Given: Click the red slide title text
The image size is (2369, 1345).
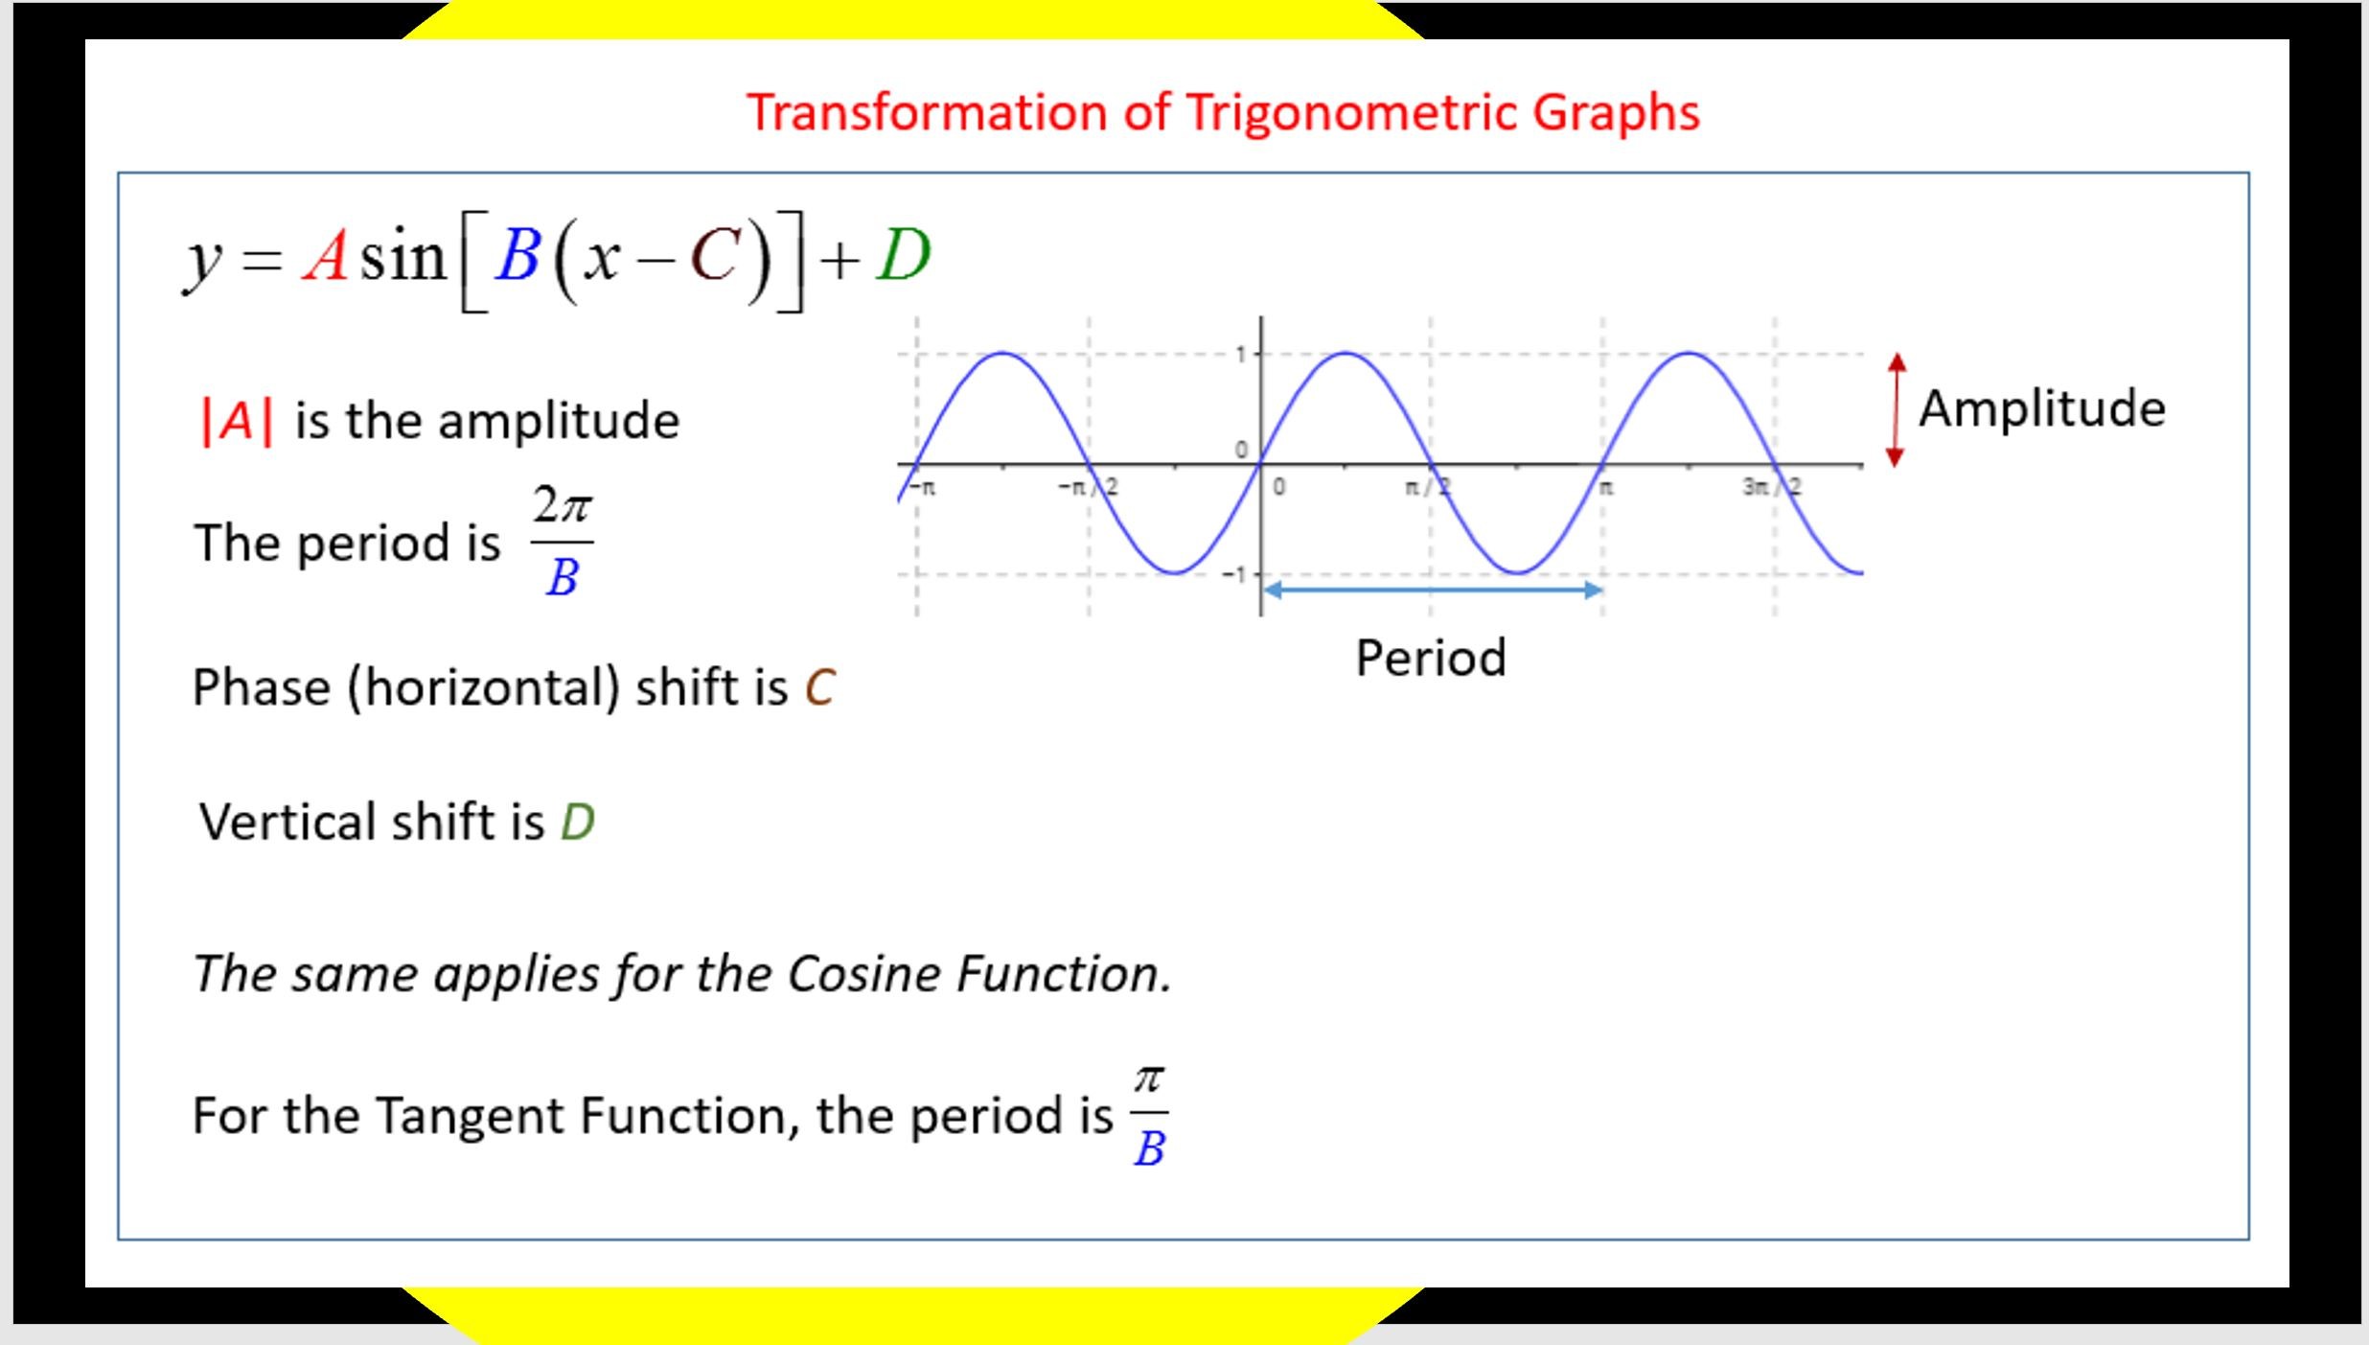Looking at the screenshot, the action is pos(1223,113).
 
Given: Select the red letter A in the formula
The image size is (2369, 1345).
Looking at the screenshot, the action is pos(326,257).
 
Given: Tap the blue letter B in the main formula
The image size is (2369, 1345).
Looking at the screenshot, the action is pos(517,256).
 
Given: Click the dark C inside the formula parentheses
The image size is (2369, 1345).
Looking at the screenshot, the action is pos(715,257).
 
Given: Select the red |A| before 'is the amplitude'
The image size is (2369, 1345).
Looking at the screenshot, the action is pos(237,421).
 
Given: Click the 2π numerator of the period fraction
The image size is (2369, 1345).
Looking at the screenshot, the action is pos(563,504).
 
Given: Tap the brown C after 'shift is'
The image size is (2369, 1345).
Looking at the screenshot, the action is pos(820,687).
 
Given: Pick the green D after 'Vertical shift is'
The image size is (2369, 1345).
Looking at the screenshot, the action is pos(578,823).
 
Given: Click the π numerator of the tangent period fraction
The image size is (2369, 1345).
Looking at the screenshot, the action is pos(1149,1079).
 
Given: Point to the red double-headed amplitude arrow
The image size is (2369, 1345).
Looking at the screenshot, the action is pos(1896,410).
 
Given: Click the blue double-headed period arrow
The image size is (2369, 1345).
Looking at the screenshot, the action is pos(1433,590).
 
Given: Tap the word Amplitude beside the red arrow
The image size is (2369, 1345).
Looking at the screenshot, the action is pos(2042,409).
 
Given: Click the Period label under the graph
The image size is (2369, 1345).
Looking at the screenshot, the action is pos(1431,659).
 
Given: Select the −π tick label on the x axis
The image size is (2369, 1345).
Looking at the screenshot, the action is pos(923,487).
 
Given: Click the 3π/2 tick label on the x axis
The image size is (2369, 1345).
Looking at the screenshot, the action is pos(1772,487).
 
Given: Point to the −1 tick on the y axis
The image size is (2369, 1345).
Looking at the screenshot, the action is pos(1234,574).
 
